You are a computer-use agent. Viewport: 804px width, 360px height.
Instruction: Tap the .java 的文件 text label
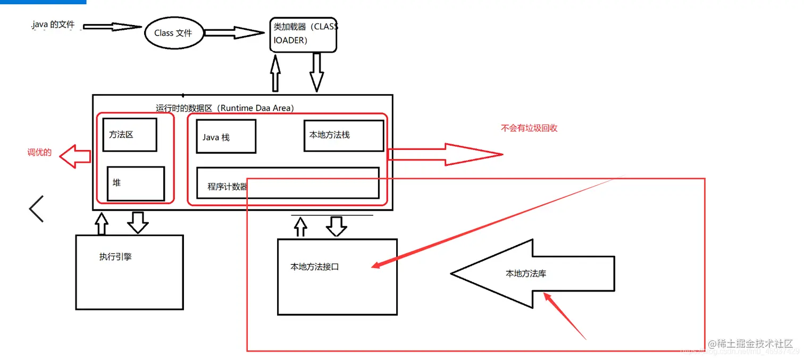point(53,25)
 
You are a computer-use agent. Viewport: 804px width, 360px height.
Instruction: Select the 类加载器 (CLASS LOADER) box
point(303,34)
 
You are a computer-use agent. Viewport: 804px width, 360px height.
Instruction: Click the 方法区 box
point(130,135)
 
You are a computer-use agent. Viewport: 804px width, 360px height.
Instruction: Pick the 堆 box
point(136,183)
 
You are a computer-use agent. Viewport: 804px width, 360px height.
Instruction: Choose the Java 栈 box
point(226,137)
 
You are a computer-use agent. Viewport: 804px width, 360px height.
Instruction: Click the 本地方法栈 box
point(344,136)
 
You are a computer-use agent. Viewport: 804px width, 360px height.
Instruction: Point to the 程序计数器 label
point(228,187)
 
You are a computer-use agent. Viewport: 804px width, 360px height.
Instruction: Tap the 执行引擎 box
point(129,272)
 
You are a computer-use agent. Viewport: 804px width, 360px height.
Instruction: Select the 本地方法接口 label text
point(315,267)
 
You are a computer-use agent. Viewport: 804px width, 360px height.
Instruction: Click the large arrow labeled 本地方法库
point(532,273)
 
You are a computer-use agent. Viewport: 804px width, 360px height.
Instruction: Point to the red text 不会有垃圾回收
point(529,128)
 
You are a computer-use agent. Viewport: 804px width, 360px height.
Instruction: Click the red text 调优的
point(40,153)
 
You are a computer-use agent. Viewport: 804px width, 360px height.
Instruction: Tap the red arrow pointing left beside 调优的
point(75,156)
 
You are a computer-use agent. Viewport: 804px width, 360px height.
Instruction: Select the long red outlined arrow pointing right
point(444,154)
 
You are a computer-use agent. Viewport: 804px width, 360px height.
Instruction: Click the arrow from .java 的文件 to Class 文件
point(112,27)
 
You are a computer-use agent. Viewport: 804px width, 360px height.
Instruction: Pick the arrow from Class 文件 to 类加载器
point(234,33)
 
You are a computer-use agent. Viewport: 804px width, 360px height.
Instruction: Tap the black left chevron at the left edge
point(36,208)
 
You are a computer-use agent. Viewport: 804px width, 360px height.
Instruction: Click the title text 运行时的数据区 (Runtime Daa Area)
point(224,108)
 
